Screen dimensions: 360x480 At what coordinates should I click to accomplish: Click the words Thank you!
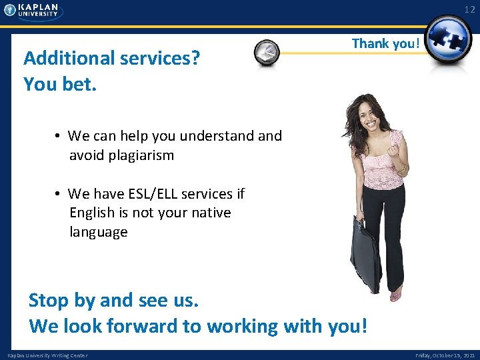(x=386, y=44)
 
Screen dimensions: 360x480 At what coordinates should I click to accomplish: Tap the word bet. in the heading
(x=79, y=85)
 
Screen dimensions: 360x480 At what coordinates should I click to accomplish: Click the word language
(x=98, y=232)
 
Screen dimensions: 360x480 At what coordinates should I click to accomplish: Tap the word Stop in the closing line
(x=49, y=301)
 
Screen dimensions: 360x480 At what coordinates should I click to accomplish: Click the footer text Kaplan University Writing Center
(x=47, y=355)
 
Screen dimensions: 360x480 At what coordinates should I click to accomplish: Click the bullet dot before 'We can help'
(x=59, y=137)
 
